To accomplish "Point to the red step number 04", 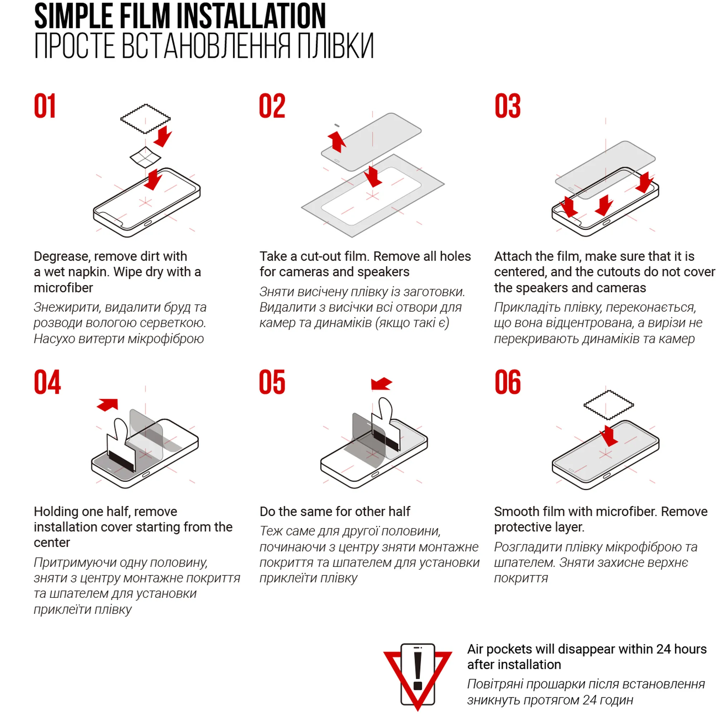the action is (x=47, y=382).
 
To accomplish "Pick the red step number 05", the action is (x=272, y=382).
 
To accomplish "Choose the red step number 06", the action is (x=507, y=382).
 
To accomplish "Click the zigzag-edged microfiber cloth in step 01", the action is (x=145, y=118).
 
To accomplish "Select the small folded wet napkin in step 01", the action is (x=145, y=157).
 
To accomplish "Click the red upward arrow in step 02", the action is (x=337, y=142).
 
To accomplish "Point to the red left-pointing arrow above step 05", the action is (x=381, y=383).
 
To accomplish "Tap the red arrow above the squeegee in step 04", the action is (x=107, y=405).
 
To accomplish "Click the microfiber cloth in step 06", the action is (x=609, y=405).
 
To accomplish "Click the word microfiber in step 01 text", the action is (x=63, y=287).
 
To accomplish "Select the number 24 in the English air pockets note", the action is (x=663, y=649).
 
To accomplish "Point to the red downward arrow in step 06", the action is (x=609, y=436).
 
